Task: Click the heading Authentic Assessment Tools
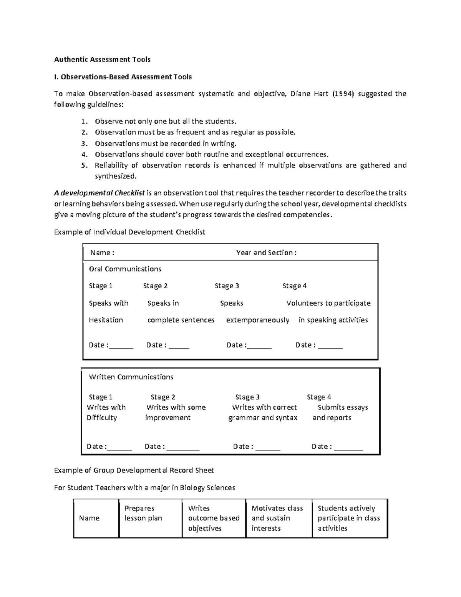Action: coord(102,59)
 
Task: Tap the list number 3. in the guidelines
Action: coord(84,143)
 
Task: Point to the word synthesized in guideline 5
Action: coord(115,176)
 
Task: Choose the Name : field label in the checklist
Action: coord(102,253)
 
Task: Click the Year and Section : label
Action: coord(266,253)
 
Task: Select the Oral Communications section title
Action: coord(125,269)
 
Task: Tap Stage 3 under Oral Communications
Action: coord(227,286)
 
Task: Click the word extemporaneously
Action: coord(257,320)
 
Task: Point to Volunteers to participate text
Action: coord(328,303)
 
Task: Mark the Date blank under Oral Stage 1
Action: coord(121,345)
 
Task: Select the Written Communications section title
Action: coord(131,377)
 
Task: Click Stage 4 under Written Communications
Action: coord(318,397)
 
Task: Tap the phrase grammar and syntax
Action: coord(263,417)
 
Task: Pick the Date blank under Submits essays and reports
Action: coord(348,447)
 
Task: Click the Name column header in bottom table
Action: coord(89,518)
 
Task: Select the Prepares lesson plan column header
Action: coord(143,513)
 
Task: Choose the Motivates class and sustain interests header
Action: coord(277,518)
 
